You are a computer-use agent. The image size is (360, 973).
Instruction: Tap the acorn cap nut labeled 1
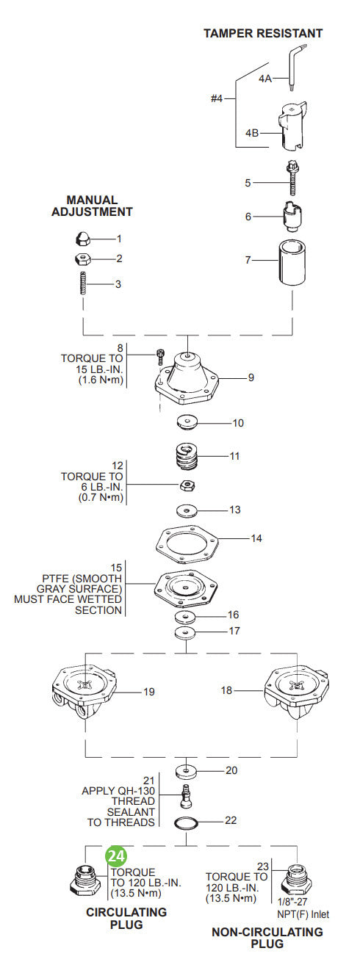[x=82, y=238]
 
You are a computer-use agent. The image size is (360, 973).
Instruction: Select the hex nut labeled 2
[x=82, y=258]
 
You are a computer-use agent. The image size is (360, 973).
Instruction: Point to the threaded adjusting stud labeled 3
[x=82, y=283]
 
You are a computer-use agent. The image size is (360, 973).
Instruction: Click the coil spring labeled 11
[x=187, y=458]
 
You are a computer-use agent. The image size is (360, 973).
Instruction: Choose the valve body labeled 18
[x=294, y=692]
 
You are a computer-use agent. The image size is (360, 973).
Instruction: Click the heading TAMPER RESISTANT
[x=262, y=33]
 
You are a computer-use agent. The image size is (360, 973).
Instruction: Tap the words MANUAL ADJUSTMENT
[x=92, y=206]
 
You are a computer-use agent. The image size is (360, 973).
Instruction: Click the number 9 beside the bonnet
[x=251, y=377]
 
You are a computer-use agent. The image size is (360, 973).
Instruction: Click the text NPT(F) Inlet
[x=303, y=914]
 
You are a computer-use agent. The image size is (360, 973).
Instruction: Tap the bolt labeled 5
[x=292, y=178]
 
